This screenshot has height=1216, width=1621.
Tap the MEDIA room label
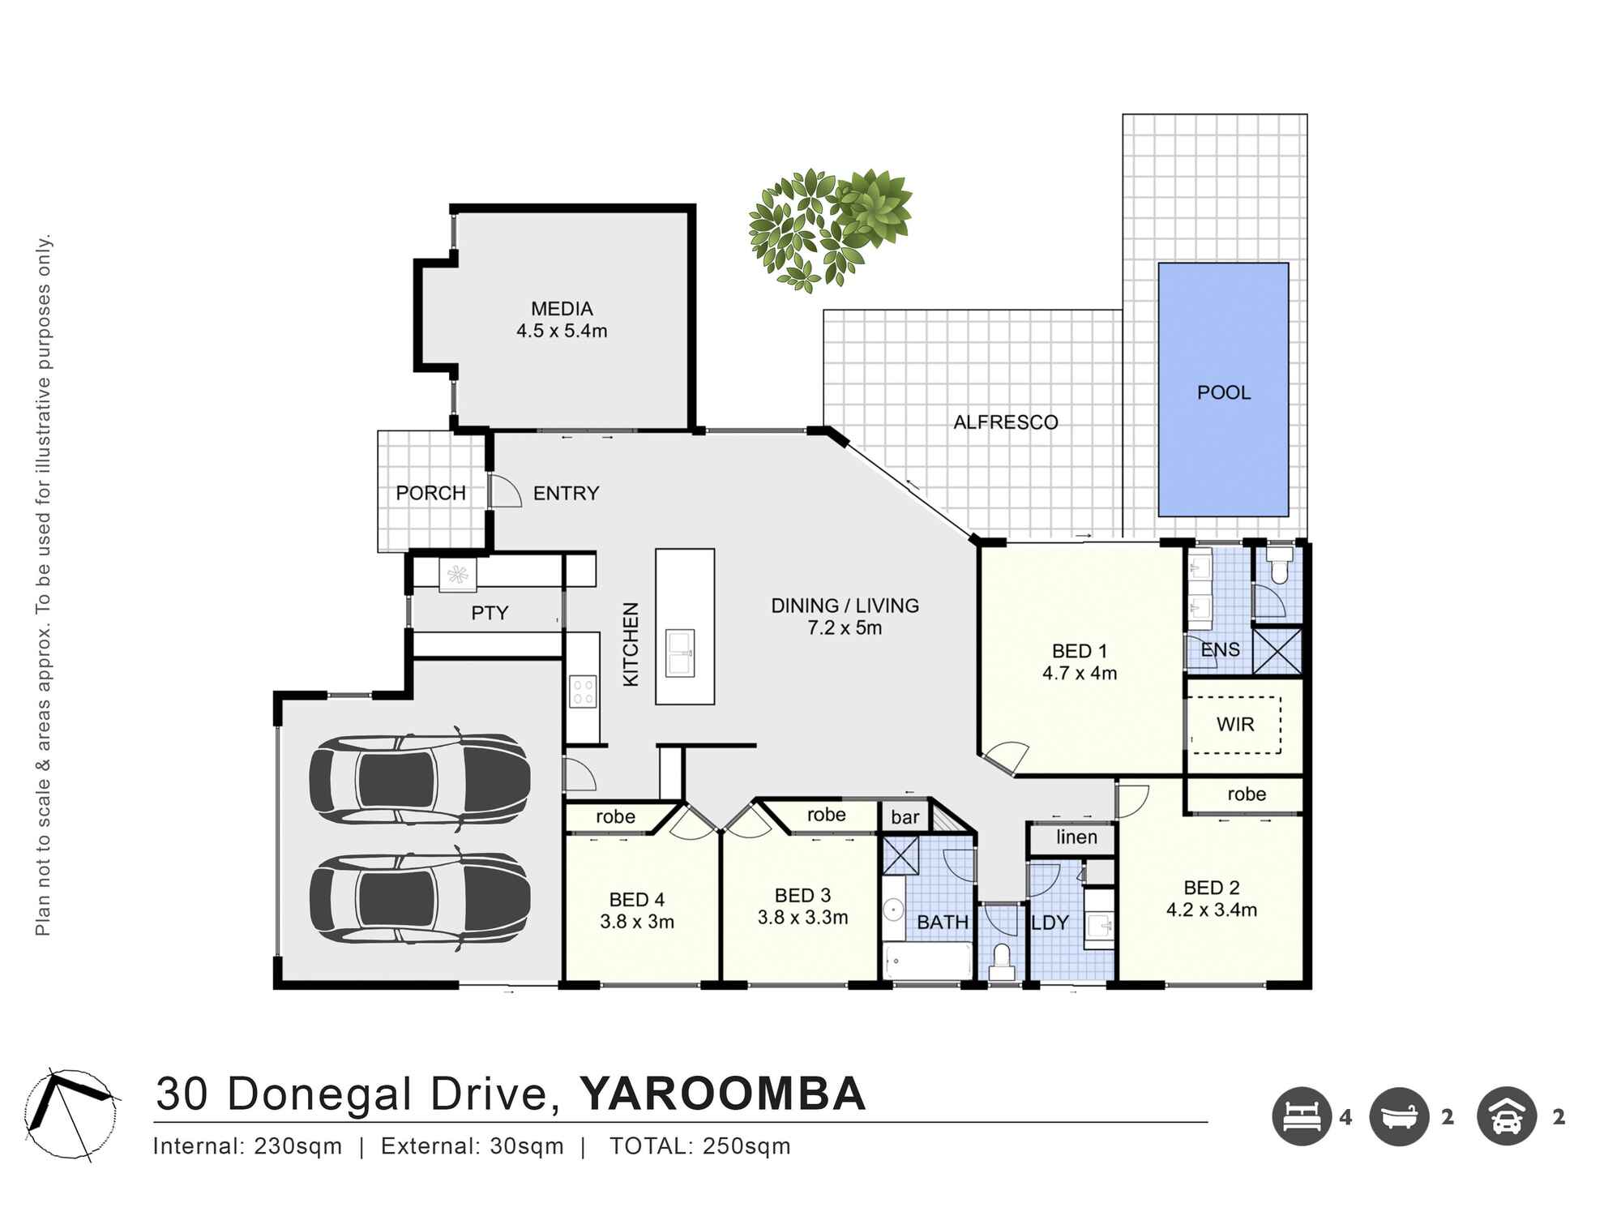coord(562,309)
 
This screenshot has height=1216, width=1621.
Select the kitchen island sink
coord(679,653)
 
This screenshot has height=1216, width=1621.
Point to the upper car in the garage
coord(419,780)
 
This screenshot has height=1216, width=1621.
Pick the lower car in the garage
coord(419,898)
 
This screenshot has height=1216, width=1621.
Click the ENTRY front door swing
coord(504,491)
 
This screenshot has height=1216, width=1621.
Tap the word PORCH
coord(430,493)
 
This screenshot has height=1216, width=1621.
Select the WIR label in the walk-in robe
coord(1235,724)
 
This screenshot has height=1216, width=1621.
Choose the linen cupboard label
coord(1076,837)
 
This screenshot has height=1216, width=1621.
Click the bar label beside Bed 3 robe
coord(905,817)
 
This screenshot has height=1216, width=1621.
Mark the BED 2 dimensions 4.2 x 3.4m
coord(1211,910)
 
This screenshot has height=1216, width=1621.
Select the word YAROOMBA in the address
coord(722,1094)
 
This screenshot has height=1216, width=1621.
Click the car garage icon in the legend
coord(1506,1116)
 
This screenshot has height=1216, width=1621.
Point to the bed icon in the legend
coord(1302,1116)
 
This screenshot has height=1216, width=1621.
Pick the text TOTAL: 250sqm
coord(699,1146)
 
